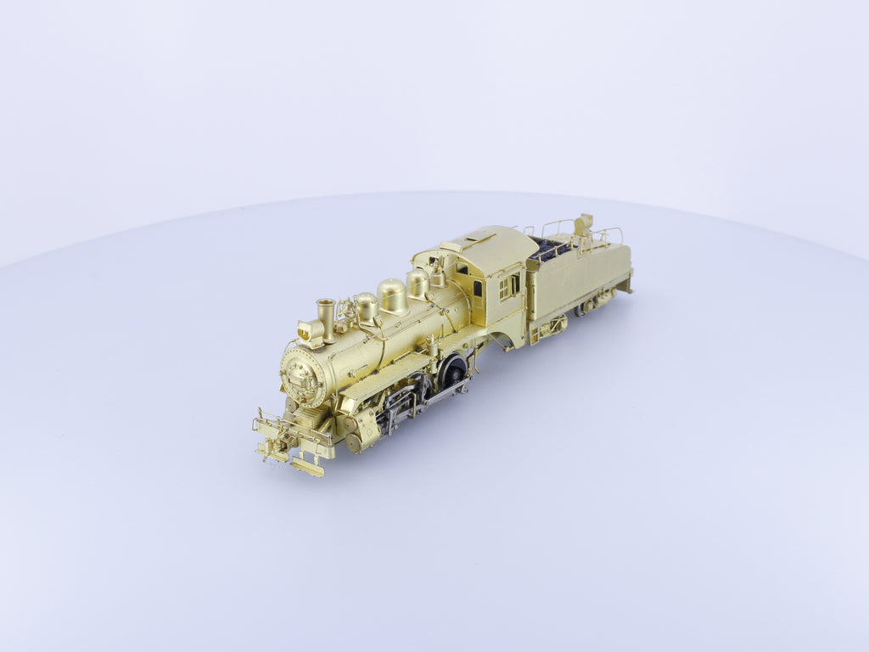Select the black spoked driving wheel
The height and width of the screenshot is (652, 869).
click(454, 370)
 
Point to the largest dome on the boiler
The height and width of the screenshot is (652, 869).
click(392, 295)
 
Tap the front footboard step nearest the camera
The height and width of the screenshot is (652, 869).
click(307, 466)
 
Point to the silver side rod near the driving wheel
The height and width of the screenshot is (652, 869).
click(444, 393)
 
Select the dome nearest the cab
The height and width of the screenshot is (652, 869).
click(417, 283)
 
